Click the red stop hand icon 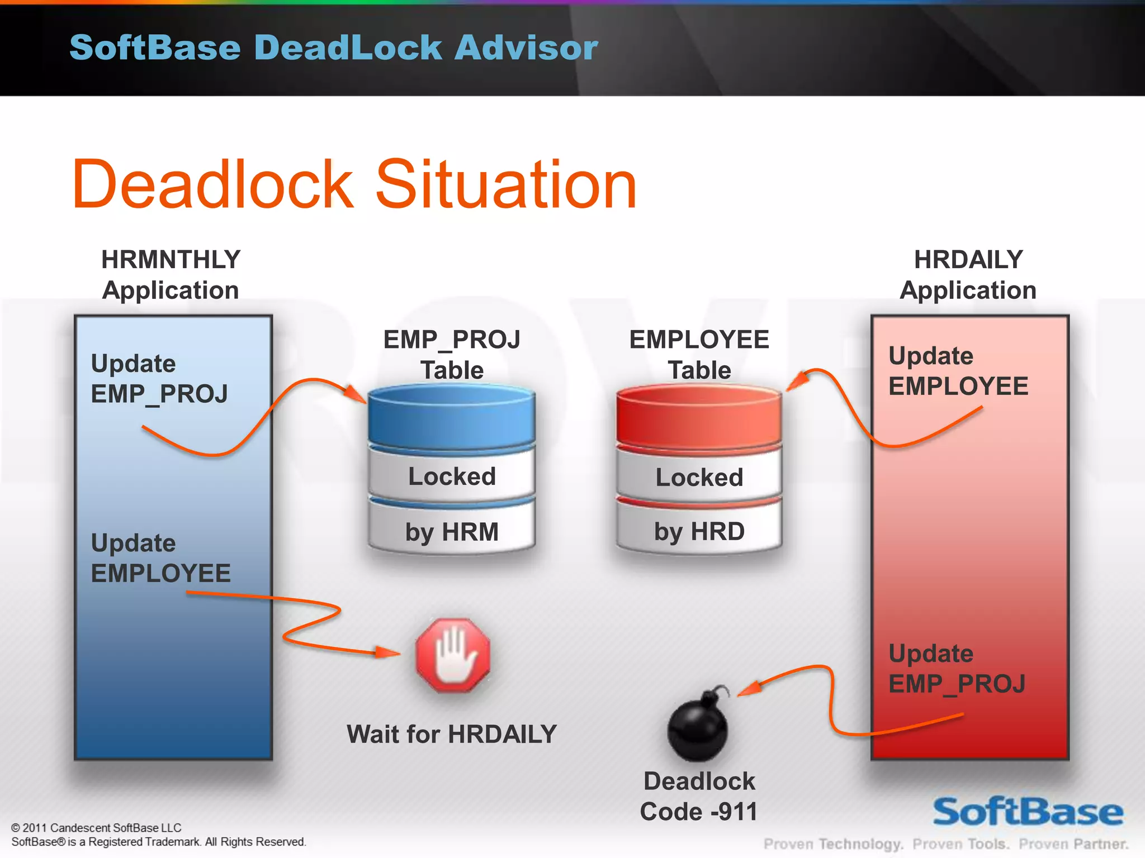pyautogui.click(x=453, y=655)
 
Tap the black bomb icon pyautogui.click(x=697, y=729)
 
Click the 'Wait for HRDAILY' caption pyautogui.click(x=452, y=734)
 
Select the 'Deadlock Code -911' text pyautogui.click(x=699, y=797)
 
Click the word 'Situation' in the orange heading pyautogui.click(x=506, y=184)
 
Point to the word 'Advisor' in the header pyautogui.click(x=526, y=47)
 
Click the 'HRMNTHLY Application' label pyautogui.click(x=171, y=275)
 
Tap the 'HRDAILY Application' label pyautogui.click(x=968, y=275)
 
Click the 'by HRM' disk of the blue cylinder pyautogui.click(x=452, y=531)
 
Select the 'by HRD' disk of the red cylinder pyautogui.click(x=699, y=531)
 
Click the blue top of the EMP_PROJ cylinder pyautogui.click(x=452, y=416)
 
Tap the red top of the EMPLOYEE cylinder pyautogui.click(x=699, y=416)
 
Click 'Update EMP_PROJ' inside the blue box pyautogui.click(x=159, y=379)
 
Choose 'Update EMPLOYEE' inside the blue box pyautogui.click(x=160, y=558)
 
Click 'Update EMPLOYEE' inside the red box pyautogui.click(x=958, y=371)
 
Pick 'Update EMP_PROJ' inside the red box pyautogui.click(x=957, y=669)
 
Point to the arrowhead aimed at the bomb pyautogui.click(x=749, y=689)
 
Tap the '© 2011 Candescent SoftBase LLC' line pyautogui.click(x=96, y=828)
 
